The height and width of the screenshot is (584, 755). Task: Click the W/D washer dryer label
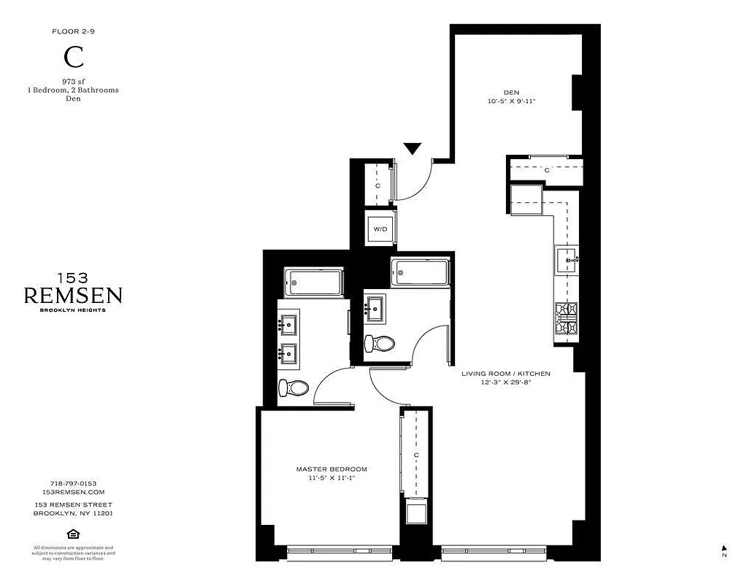click(x=380, y=229)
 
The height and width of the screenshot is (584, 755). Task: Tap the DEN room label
click(x=511, y=93)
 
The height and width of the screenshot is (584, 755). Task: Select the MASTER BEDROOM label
click(x=331, y=469)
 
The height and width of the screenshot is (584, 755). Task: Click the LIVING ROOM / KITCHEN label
click(x=505, y=374)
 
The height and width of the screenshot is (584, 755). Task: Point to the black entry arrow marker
click(x=413, y=148)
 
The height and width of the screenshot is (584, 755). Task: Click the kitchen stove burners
click(x=567, y=321)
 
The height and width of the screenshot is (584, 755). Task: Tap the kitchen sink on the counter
click(x=567, y=258)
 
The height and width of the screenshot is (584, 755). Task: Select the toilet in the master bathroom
click(x=291, y=388)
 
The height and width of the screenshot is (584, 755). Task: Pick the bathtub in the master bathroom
click(x=313, y=282)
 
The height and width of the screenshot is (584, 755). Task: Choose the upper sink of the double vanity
click(x=288, y=322)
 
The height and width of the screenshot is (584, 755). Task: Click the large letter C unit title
click(x=71, y=57)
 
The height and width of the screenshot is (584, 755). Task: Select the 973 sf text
click(x=71, y=81)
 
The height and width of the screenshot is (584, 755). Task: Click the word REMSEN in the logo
click(x=73, y=296)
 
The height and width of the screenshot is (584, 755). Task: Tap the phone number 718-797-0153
click(x=73, y=483)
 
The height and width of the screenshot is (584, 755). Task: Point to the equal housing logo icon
click(x=73, y=534)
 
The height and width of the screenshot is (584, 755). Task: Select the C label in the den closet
click(x=546, y=170)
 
